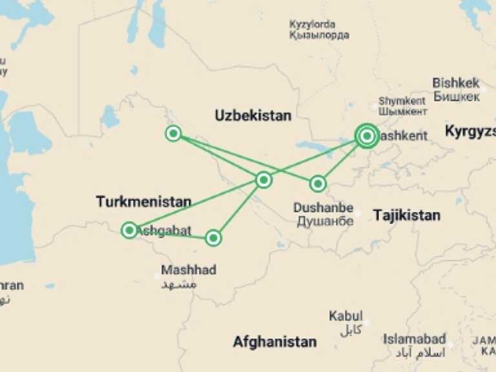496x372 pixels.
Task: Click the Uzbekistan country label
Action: (x=253, y=116)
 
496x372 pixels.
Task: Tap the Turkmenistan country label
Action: (x=143, y=201)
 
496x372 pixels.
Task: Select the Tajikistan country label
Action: (x=406, y=215)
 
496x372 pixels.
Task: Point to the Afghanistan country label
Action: (x=274, y=342)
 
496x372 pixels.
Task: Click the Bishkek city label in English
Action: (x=456, y=83)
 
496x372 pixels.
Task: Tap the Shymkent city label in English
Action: (x=402, y=101)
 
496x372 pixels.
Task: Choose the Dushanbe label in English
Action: (x=323, y=208)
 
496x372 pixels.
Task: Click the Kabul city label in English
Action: (x=346, y=316)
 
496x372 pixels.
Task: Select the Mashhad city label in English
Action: (x=189, y=270)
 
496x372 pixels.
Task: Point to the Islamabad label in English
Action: (x=414, y=338)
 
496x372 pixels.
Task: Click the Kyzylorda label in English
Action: (x=313, y=25)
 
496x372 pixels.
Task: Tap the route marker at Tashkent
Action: (x=367, y=136)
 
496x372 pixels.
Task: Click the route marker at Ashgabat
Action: (x=129, y=230)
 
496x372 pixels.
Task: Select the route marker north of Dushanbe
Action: (x=317, y=183)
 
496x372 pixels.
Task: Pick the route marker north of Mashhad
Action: (x=213, y=238)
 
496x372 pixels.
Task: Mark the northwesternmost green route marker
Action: (x=173, y=134)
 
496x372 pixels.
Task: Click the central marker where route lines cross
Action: (x=263, y=180)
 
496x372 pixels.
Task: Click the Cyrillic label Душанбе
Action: (x=325, y=221)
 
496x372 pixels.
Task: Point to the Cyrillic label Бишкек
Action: (x=456, y=96)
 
